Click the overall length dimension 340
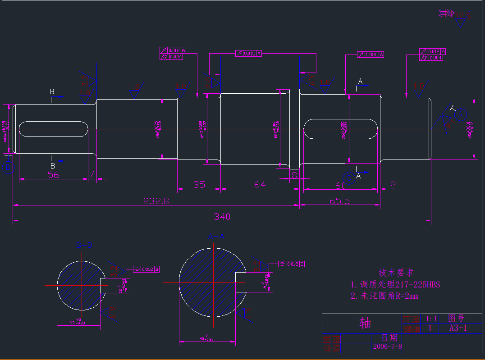click(222, 217)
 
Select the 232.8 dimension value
click(156, 201)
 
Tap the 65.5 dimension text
click(339, 201)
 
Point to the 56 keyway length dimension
click(54, 175)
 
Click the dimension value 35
click(199, 184)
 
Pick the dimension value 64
click(260, 184)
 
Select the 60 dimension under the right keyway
click(340, 185)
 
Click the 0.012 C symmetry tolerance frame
click(292, 264)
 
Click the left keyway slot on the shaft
click(53, 129)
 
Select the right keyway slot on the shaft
click(340, 129)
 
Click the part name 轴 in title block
click(365, 323)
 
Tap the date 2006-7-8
click(387, 346)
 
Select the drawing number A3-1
click(458, 328)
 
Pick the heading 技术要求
click(396, 273)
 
